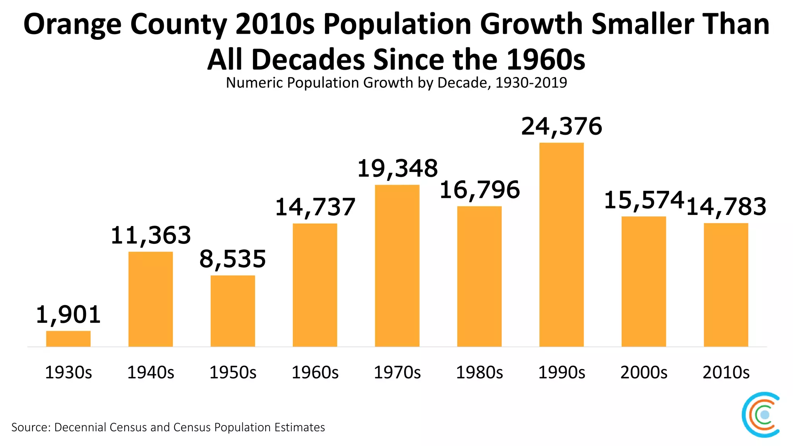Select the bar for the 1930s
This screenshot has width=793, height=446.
pyautogui.click(x=68, y=339)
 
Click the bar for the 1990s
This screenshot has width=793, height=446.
pyautogui.click(x=561, y=245)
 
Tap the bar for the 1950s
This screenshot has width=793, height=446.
pyautogui.click(x=233, y=311)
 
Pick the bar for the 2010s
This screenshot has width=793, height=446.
pyautogui.click(x=726, y=285)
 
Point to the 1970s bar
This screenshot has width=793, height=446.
pyautogui.click(x=397, y=266)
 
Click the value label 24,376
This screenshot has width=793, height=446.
pyautogui.click(x=561, y=127)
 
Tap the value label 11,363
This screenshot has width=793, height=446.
pyautogui.click(x=151, y=235)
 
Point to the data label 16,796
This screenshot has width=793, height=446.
pyautogui.click(x=479, y=190)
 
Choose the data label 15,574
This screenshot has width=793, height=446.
pyautogui.click(x=644, y=201)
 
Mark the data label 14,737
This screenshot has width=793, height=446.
pyautogui.click(x=315, y=207)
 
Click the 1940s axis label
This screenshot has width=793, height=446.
pyautogui.click(x=151, y=372)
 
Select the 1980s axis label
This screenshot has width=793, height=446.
pyautogui.click(x=479, y=372)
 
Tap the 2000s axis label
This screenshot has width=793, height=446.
pyautogui.click(x=644, y=372)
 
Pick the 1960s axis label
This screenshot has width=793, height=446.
pyautogui.click(x=315, y=372)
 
